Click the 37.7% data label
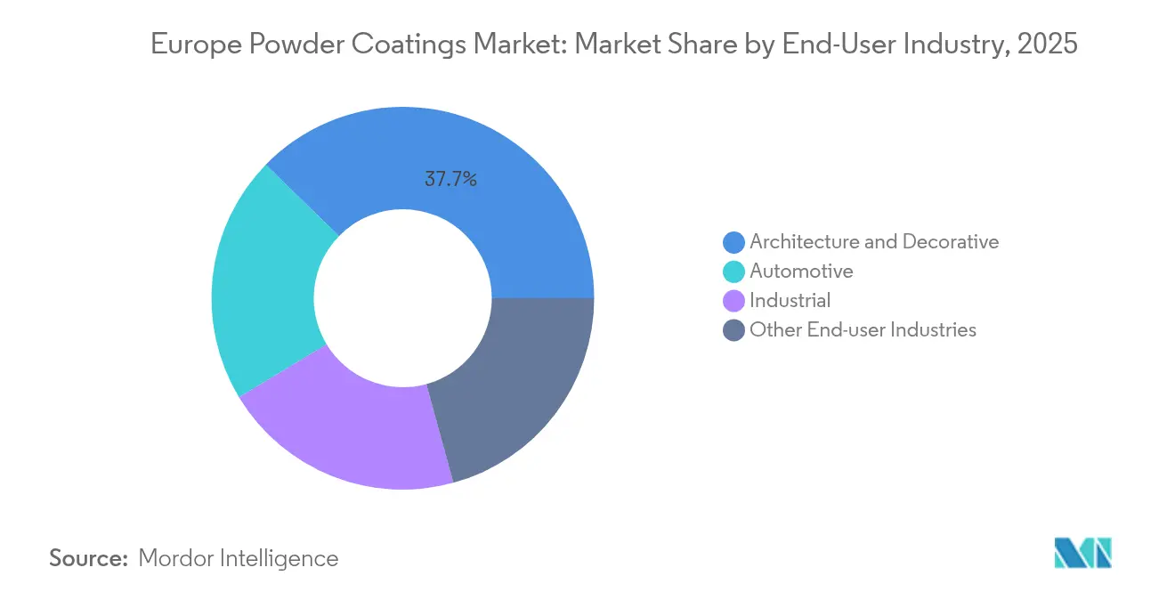(450, 179)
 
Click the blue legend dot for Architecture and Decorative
(734, 242)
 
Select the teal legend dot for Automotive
(734, 272)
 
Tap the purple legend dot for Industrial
(734, 301)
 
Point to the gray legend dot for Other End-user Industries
(734, 330)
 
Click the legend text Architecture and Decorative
(874, 241)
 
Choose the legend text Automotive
(801, 271)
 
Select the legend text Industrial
(790, 300)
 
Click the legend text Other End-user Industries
(863, 329)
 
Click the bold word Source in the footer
(89, 558)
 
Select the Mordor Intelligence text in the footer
(239, 558)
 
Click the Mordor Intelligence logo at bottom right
(1082, 553)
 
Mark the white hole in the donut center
(402, 298)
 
